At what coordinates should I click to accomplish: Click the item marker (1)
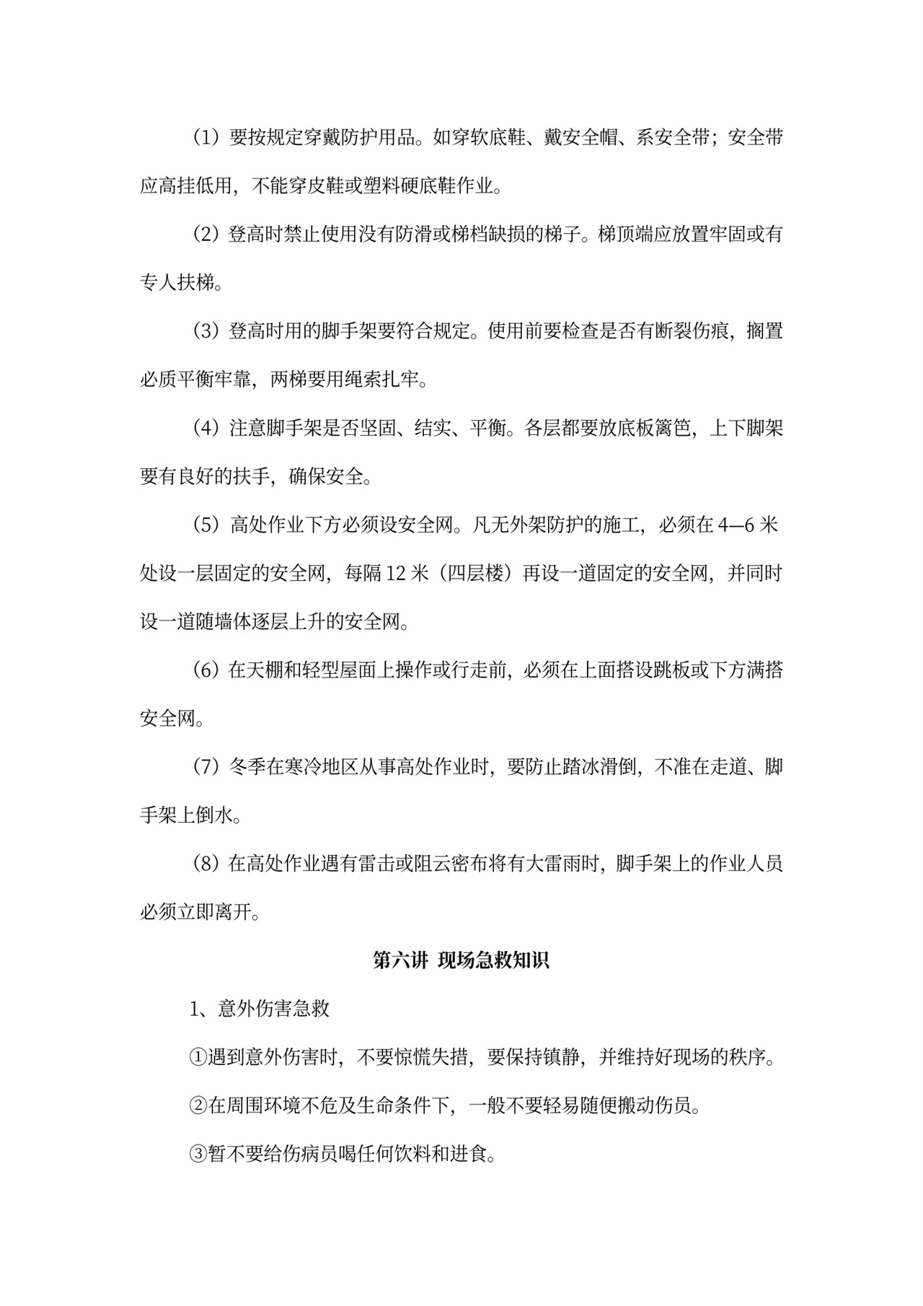point(206,138)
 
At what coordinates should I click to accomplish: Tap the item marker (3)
point(206,331)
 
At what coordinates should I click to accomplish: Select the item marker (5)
point(206,525)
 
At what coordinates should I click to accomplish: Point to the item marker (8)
point(206,864)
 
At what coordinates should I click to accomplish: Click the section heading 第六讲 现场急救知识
point(461,960)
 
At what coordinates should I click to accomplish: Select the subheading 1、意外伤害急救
point(260,1009)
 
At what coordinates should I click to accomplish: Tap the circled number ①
point(198,1058)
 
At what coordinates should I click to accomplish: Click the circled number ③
point(198,1154)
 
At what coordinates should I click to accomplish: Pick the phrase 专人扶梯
point(177,283)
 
